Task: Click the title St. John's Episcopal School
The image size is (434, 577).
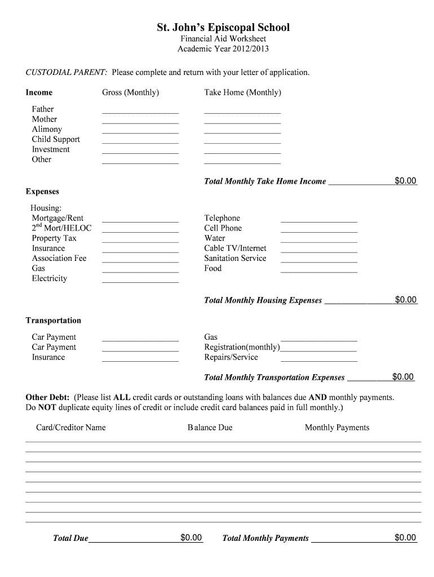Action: (223, 27)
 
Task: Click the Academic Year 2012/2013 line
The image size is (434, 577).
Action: (223, 49)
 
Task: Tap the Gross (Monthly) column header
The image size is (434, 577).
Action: (130, 92)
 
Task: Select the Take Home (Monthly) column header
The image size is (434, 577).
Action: (242, 92)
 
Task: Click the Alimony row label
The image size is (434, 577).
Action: (47, 129)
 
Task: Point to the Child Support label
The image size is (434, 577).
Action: (56, 139)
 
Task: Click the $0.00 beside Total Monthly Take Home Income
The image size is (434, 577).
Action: (405, 181)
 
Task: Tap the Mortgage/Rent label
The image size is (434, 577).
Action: (57, 218)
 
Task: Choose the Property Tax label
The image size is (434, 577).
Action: (54, 238)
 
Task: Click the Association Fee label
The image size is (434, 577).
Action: (59, 259)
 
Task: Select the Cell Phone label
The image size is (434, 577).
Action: (223, 228)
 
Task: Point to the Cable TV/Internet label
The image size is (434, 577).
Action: (235, 248)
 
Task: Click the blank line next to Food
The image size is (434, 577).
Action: (318, 270)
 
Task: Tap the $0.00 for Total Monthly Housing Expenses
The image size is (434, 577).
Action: (405, 300)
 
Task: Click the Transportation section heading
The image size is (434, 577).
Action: (54, 321)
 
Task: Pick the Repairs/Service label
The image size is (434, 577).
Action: (231, 357)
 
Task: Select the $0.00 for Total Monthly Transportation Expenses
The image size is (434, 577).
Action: (403, 377)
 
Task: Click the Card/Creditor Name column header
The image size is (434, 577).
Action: (71, 428)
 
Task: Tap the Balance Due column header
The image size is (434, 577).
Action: (210, 428)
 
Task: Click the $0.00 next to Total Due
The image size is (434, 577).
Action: (191, 538)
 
